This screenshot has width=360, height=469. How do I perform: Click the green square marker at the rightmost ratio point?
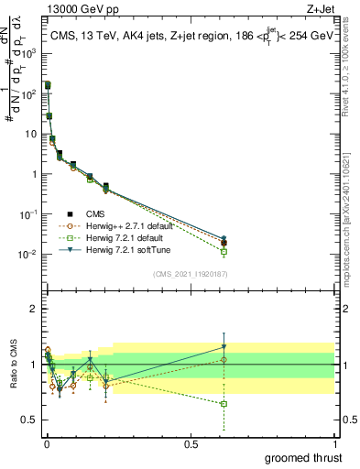point(224,404)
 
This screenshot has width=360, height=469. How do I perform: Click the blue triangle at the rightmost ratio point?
point(224,347)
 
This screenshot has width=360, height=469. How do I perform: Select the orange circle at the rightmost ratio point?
point(224,360)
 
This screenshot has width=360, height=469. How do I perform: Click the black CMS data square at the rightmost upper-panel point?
point(224,243)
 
